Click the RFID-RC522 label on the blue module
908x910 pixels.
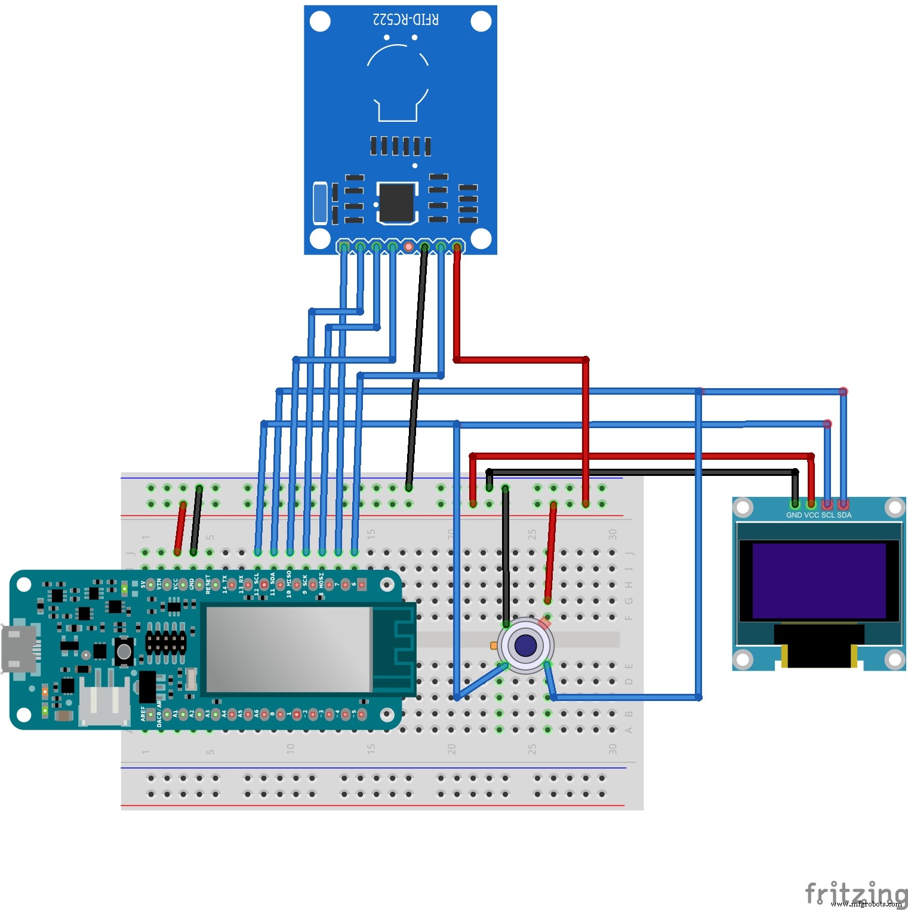(406, 20)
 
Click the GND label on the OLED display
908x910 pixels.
(794, 515)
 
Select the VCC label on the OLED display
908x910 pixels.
(811, 515)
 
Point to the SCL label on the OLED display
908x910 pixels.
(828, 515)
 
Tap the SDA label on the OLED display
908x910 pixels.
(844, 515)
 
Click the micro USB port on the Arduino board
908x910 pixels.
(18, 648)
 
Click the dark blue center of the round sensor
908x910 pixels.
(525, 645)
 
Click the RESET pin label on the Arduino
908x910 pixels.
(208, 584)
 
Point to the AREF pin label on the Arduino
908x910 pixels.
(143, 714)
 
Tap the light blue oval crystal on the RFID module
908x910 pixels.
(320, 203)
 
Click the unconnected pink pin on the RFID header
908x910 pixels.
(408, 246)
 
